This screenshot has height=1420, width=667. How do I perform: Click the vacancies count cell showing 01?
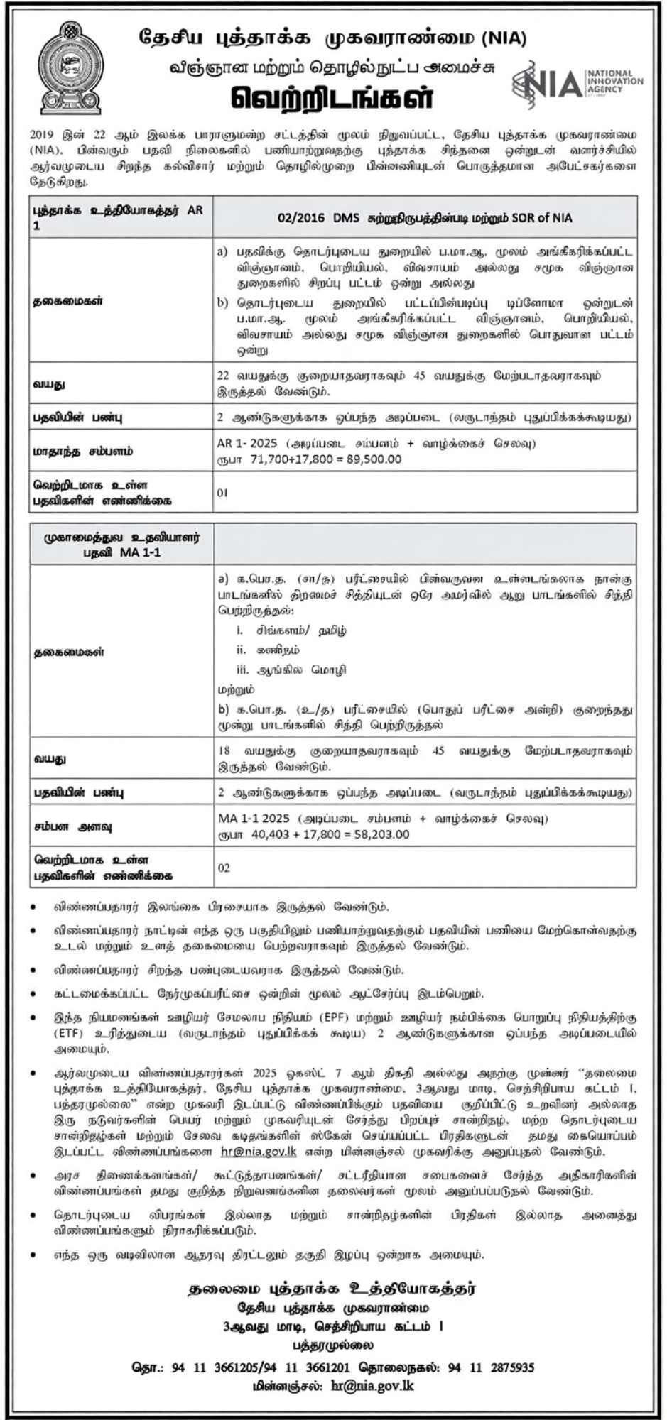tap(223, 492)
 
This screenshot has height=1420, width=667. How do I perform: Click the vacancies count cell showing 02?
tap(224, 868)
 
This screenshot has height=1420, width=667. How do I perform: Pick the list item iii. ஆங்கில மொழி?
tap(291, 670)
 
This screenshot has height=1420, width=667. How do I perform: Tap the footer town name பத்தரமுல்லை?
tap(332, 1345)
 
